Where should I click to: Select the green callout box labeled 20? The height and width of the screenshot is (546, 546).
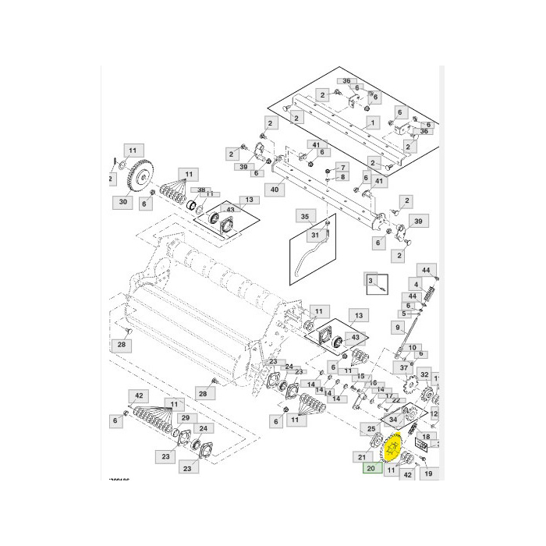tap(370, 470)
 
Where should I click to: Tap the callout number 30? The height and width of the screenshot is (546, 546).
tap(122, 202)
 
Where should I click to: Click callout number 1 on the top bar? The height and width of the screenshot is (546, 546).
tap(373, 122)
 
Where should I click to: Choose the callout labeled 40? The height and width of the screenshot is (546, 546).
tap(274, 189)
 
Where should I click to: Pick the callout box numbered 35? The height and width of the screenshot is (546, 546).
tap(305, 215)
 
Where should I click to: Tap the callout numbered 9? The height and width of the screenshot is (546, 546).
tap(398, 328)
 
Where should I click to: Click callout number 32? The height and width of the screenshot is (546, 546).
tap(424, 374)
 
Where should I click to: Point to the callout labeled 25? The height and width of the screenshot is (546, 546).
tap(371, 430)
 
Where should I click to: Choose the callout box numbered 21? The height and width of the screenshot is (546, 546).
tap(361, 456)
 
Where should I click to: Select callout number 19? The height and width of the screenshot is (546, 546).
tap(427, 473)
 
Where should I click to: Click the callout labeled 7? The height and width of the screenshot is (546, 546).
tap(342, 168)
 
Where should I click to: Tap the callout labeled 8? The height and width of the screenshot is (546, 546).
tap(342, 178)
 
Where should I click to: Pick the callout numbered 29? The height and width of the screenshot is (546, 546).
tap(185, 419)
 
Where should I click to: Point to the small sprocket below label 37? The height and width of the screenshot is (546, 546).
tap(406, 386)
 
